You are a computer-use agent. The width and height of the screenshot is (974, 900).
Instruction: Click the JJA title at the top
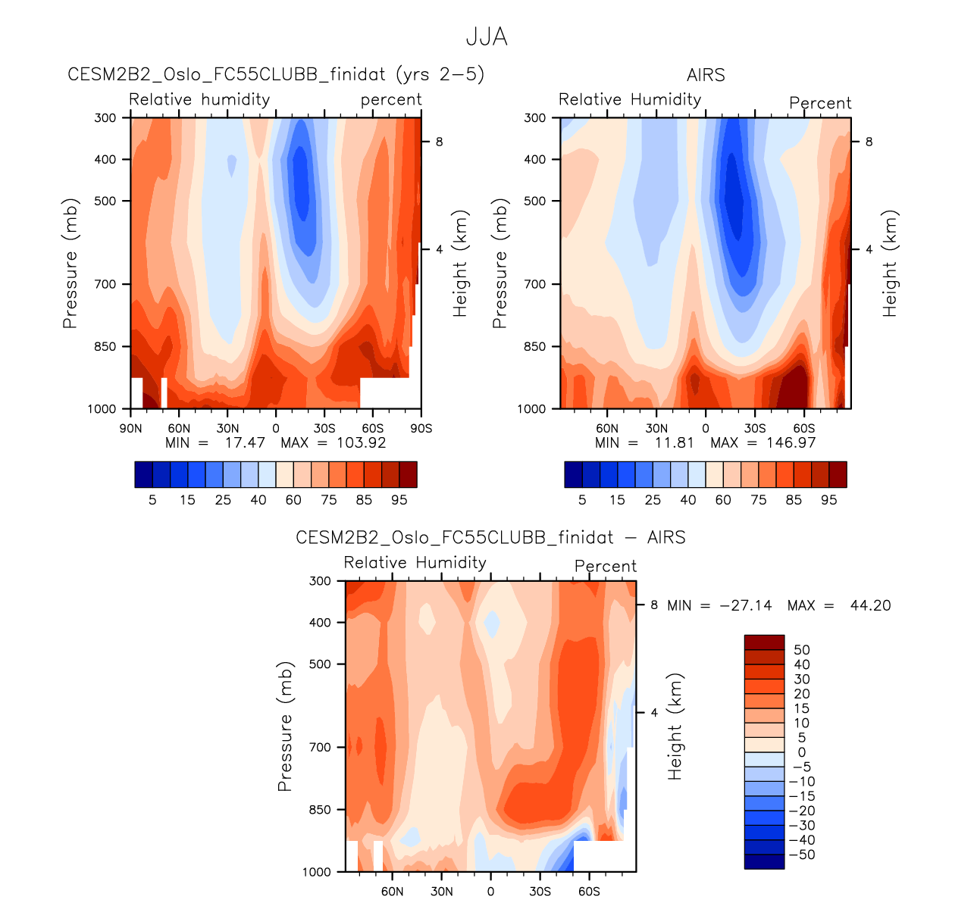486,37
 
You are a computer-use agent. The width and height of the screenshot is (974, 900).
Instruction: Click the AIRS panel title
706,75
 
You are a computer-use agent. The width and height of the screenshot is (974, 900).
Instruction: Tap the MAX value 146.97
791,442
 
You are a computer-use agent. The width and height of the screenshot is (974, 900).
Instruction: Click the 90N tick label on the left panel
131,428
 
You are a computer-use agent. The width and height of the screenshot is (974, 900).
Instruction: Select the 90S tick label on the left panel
421,428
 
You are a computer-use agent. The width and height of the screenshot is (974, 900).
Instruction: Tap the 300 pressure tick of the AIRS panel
535,117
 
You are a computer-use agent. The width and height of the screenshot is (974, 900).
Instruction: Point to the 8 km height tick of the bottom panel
653,605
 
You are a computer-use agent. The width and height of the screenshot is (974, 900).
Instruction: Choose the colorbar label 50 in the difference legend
801,650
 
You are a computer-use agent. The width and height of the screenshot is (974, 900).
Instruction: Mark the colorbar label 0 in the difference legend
801,752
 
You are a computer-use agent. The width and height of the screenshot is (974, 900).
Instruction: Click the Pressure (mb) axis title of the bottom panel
285,726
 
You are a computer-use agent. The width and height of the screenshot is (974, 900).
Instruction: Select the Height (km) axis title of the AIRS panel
890,263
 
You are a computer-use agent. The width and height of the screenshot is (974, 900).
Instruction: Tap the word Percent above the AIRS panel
820,103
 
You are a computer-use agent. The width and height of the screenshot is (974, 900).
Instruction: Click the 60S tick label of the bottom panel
589,891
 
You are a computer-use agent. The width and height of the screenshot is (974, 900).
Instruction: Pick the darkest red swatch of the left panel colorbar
408,474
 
